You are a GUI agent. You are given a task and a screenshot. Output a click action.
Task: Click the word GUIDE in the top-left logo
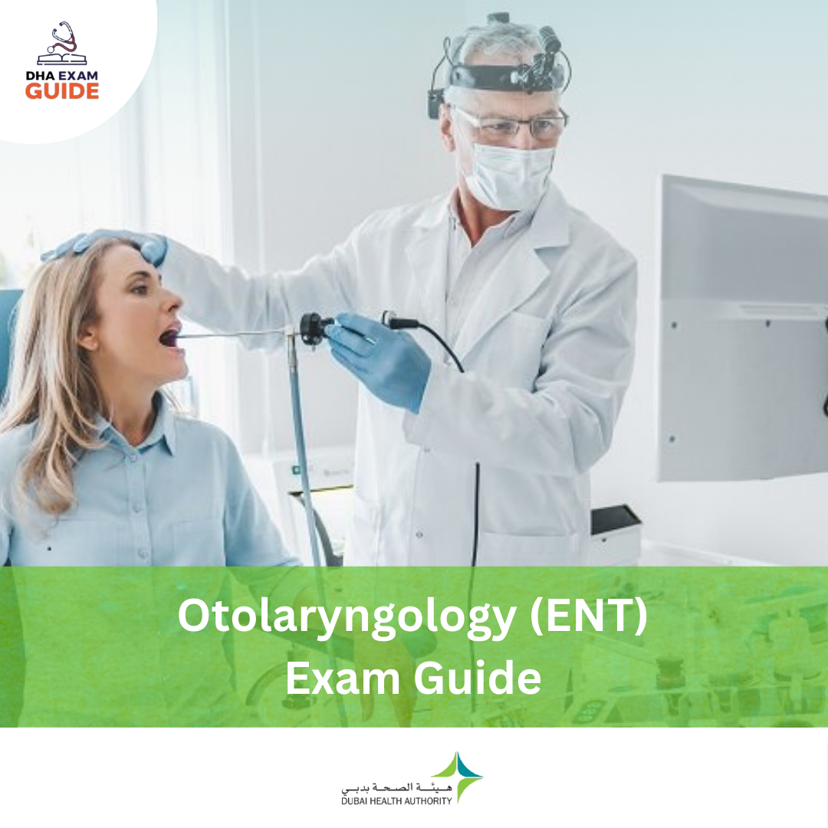(62, 90)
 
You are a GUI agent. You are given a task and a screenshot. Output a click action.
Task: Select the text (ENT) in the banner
(588, 616)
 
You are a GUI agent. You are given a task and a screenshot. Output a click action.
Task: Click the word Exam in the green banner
(342, 678)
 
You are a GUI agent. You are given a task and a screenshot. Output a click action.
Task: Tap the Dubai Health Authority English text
(396, 801)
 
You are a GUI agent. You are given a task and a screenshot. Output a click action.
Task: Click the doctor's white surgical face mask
(510, 174)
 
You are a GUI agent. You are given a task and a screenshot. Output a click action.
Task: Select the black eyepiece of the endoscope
(313, 328)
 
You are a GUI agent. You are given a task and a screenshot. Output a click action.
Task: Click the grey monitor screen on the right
(742, 330)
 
